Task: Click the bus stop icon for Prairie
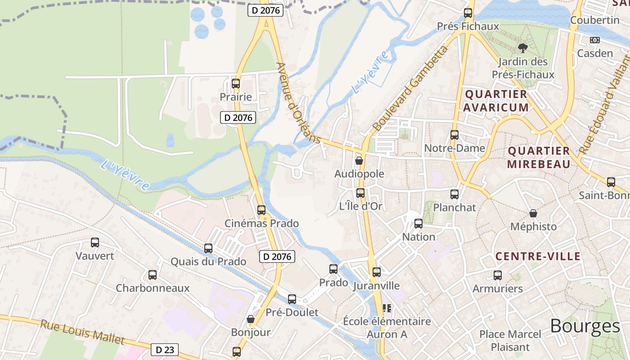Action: [235, 84]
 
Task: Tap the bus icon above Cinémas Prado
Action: [261, 210]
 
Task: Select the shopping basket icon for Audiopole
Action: [359, 160]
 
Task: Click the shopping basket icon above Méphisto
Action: [533, 213]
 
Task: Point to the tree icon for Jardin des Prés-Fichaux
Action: [522, 48]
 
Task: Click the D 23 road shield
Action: [164, 350]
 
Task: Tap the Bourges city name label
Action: [585, 326]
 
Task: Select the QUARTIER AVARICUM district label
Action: [496, 101]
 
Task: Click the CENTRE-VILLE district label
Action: [538, 256]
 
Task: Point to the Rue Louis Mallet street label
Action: [82, 332]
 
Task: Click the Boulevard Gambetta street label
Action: [411, 88]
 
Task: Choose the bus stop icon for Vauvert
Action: [95, 243]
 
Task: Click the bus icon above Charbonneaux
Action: [153, 274]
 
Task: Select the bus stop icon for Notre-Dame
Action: [454, 135]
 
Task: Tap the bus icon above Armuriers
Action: [497, 275]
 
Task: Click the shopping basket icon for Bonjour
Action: [251, 319]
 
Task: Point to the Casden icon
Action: [595, 40]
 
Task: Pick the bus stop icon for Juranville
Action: [377, 272]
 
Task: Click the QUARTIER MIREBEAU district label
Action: [539, 157]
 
